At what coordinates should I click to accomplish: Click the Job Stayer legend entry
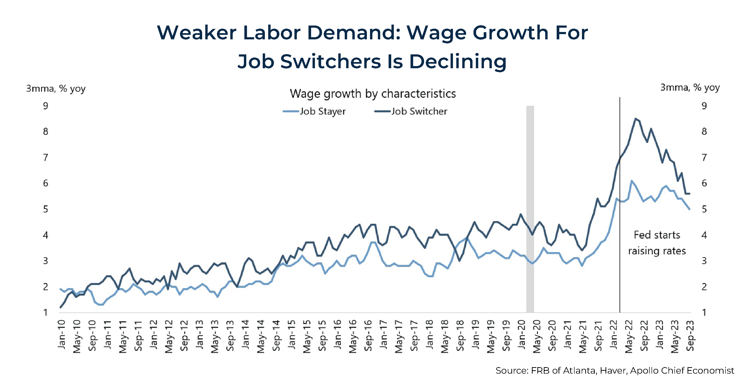(315, 111)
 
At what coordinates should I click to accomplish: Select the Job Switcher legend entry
(411, 111)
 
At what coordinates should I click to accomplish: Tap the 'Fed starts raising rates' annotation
(657, 243)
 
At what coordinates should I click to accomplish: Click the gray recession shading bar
(530, 209)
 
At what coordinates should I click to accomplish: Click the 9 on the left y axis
(45, 106)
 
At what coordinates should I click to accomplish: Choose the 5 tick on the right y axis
(704, 209)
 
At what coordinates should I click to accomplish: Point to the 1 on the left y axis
(45, 312)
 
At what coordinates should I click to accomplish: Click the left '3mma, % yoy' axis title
(56, 89)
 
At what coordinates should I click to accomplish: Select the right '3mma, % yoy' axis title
(690, 87)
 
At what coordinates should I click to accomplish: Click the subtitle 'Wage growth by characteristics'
(373, 94)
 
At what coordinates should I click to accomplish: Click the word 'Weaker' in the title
(197, 32)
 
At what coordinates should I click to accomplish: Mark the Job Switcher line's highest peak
(635, 118)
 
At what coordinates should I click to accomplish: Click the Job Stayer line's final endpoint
(690, 209)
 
